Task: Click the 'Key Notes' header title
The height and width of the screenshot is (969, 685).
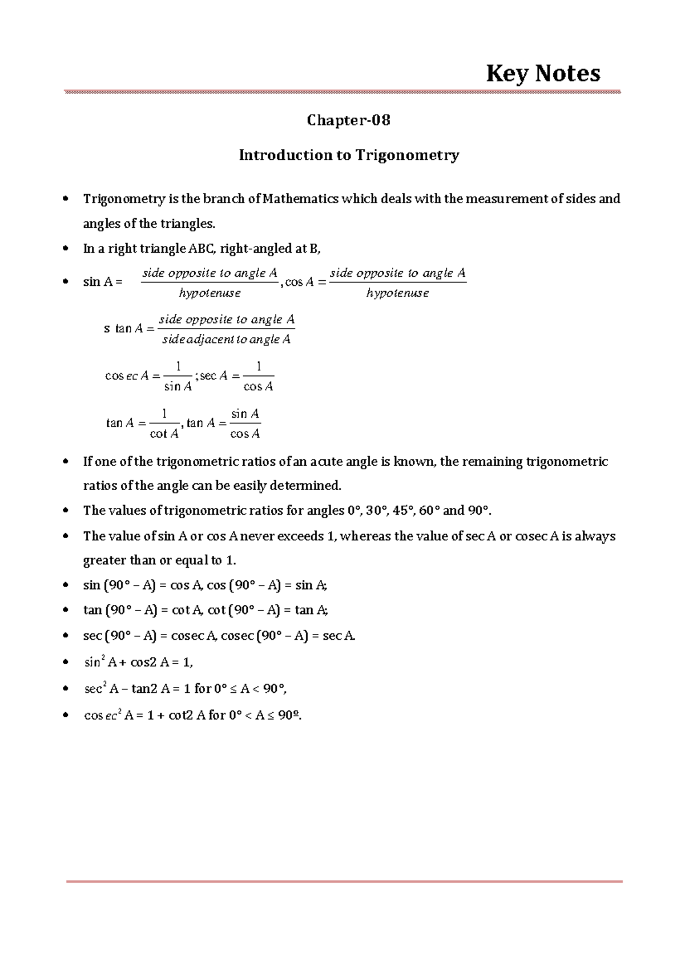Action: click(x=543, y=73)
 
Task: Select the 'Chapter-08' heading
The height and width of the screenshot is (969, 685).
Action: click(x=348, y=120)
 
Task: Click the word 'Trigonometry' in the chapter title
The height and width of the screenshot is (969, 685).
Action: click(x=407, y=155)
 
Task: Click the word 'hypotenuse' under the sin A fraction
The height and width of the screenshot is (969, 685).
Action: click(x=209, y=293)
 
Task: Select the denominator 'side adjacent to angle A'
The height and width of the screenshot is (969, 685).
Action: click(x=226, y=340)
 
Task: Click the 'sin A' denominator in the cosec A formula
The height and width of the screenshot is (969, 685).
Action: click(x=178, y=386)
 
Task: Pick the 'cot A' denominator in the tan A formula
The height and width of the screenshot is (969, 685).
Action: click(x=164, y=434)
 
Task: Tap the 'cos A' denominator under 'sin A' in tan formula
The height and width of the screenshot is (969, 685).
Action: click(x=245, y=434)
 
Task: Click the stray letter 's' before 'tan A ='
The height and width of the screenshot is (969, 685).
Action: click(x=107, y=329)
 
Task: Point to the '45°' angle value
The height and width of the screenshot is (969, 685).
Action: click(x=403, y=510)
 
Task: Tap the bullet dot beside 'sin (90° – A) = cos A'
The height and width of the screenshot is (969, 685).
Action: click(x=66, y=585)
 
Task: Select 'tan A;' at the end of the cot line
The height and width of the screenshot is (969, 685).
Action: click(x=311, y=610)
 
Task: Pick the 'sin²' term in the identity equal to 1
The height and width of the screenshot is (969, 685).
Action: click(x=94, y=662)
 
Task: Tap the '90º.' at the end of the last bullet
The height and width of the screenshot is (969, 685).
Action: click(x=289, y=714)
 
